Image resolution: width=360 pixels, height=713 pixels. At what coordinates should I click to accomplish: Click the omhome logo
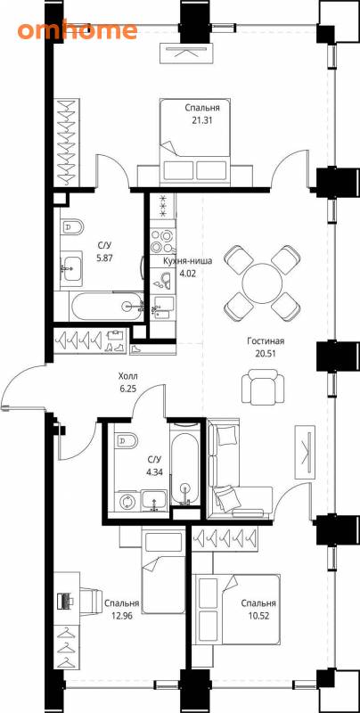pos(78,29)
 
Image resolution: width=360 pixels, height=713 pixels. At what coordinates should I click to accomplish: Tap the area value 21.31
pos(202,121)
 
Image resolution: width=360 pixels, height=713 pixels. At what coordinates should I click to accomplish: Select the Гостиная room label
pos(266,341)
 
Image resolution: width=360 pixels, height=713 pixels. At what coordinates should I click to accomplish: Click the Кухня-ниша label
pos(188,261)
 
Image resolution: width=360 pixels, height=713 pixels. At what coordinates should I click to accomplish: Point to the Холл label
pos(127,376)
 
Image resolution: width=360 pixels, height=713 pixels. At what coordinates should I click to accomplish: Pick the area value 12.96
pos(121,617)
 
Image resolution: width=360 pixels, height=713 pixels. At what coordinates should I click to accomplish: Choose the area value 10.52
pos(258,617)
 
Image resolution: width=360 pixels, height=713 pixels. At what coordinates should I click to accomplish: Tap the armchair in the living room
pos(263,388)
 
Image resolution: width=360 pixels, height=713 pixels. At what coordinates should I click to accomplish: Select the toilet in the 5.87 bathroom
pos(73,228)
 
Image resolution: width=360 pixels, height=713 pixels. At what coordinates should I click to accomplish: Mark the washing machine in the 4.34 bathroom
pos(127,503)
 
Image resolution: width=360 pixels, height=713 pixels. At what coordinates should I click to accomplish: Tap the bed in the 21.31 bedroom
pos(194,142)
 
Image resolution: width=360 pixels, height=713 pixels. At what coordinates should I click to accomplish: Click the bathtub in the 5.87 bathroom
pos(106,306)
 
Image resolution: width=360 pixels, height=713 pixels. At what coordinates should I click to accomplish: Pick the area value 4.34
pos(153,472)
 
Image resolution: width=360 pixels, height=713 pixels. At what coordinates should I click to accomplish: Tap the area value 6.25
pos(127,389)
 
